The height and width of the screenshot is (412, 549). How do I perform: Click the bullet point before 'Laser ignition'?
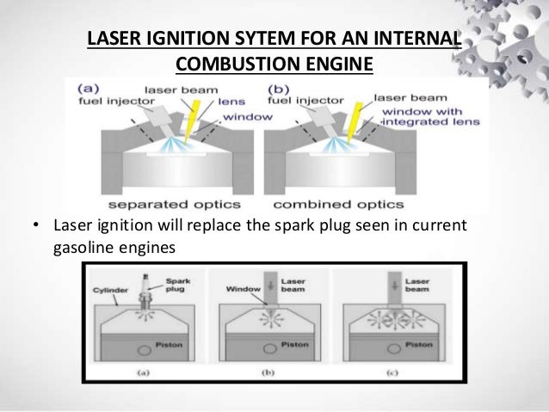click(35, 227)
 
